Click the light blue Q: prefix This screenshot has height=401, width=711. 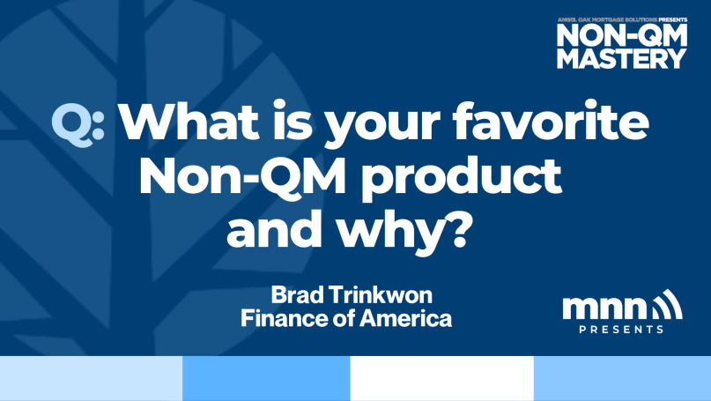click(78, 125)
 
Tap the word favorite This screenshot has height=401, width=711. click(551, 120)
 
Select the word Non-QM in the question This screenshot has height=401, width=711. click(242, 175)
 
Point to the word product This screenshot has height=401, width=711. click(462, 179)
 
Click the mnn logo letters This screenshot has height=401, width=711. click(604, 308)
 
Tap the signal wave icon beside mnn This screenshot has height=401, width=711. click(667, 305)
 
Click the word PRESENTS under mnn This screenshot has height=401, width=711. click(621, 330)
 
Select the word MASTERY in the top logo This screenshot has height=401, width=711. click(622, 58)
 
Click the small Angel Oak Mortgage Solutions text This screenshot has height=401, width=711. click(607, 20)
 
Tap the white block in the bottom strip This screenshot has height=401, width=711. click(441, 378)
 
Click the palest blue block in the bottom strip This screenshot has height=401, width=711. click(91, 378)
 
